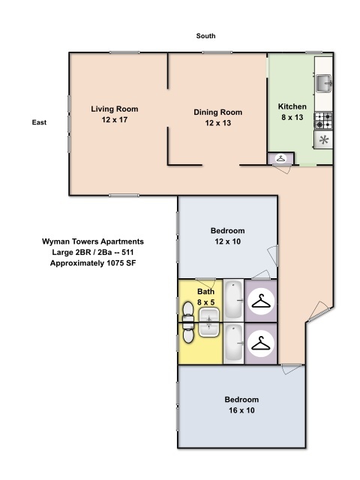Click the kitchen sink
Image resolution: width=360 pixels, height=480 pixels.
[323, 82]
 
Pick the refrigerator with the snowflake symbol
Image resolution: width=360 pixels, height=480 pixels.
[323, 140]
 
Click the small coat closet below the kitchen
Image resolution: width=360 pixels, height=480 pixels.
[280, 158]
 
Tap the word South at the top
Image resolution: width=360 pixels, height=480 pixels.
[206, 36]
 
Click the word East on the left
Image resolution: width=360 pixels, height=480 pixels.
[40, 121]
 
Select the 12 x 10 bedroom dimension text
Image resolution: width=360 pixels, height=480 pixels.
[227, 241]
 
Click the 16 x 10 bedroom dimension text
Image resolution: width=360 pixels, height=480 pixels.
[241, 409]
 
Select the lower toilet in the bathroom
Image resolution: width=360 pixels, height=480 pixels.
[187, 331]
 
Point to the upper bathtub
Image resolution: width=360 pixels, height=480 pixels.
[234, 301]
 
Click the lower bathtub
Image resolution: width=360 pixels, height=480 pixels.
[234, 343]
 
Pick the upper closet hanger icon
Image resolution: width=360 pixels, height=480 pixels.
[260, 301]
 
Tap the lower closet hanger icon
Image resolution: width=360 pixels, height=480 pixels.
[260, 343]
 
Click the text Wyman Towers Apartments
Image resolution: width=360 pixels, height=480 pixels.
[92, 241]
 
